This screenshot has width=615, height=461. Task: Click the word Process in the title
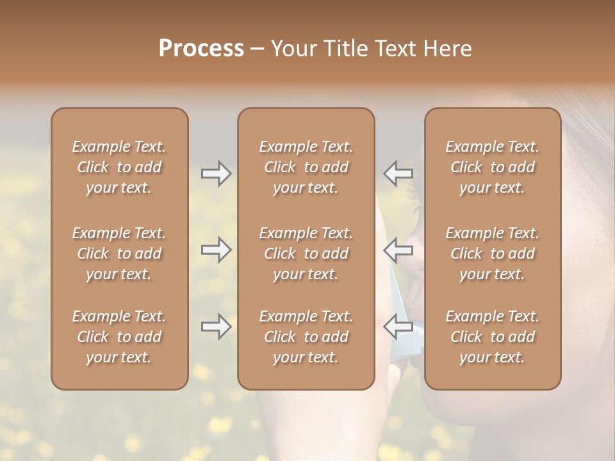201,49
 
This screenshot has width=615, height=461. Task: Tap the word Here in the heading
448,49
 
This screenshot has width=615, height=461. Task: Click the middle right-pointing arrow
216,250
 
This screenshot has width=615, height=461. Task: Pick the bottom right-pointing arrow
216,327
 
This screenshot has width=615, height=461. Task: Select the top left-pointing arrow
398,174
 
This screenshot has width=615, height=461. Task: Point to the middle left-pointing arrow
398,249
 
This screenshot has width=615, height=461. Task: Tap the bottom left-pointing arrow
398,326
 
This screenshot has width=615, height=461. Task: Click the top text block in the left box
119,167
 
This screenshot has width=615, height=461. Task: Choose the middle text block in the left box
119,254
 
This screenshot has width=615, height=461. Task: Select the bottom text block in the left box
119,337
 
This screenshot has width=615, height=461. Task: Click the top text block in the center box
306,167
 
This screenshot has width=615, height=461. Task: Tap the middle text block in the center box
306,254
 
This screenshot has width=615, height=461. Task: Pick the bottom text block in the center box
306,337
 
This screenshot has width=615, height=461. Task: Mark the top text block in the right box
493,167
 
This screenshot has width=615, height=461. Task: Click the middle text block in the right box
493,254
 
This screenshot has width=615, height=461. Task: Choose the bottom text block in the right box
493,337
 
